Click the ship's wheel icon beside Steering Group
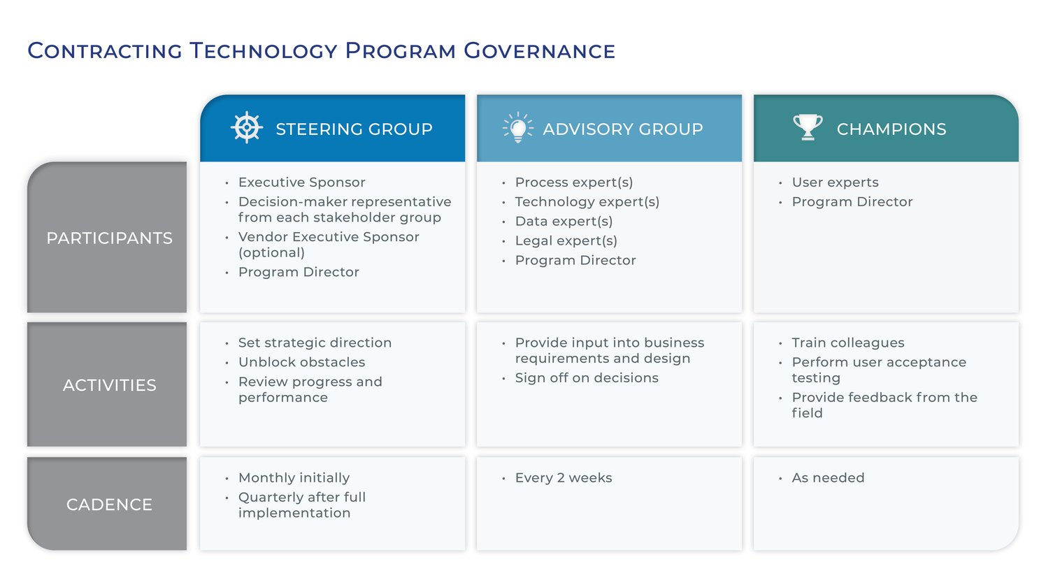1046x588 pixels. pyautogui.click(x=246, y=128)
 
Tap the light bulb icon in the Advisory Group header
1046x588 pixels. pyautogui.click(x=517, y=128)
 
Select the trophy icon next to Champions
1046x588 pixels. pyautogui.click(x=807, y=127)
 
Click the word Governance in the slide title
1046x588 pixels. pyautogui.click(x=539, y=51)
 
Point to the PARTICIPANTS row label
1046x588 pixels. pyautogui.click(x=109, y=238)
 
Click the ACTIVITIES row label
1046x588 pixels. pyautogui.click(x=109, y=385)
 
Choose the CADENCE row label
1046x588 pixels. pyautogui.click(x=109, y=505)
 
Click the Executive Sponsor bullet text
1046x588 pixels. pyautogui.click(x=301, y=182)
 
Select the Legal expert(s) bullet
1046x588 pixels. pyautogui.click(x=566, y=241)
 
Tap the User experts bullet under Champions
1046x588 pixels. pyautogui.click(x=835, y=182)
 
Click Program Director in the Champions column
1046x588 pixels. pyautogui.click(x=852, y=202)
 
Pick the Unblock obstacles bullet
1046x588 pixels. pyautogui.click(x=301, y=362)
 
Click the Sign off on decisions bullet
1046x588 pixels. pyautogui.click(x=586, y=378)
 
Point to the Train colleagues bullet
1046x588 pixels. pyautogui.click(x=847, y=343)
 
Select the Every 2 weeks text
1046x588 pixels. pyautogui.click(x=563, y=478)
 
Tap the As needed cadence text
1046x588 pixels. pyautogui.click(x=828, y=478)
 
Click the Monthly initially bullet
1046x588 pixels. pyautogui.click(x=294, y=478)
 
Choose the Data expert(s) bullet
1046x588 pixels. pyautogui.click(x=564, y=222)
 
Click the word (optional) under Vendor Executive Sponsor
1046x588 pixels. pyautogui.click(x=271, y=253)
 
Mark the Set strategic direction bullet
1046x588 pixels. pyautogui.click(x=315, y=343)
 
